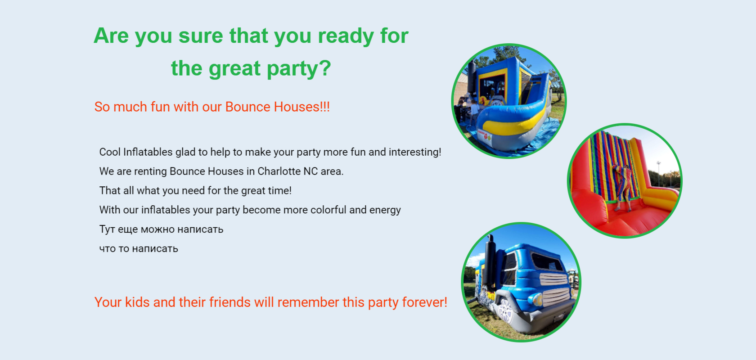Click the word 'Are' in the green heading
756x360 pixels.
(111, 36)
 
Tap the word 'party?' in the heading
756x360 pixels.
(299, 68)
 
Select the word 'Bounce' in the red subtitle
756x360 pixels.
(247, 107)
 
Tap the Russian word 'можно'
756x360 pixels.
(157, 229)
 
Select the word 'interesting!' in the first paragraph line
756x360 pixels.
(415, 152)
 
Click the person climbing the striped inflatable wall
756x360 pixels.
(622, 185)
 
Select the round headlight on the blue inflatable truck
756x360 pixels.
(535, 299)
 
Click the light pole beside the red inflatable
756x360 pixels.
(658, 174)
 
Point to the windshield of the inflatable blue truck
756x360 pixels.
(547, 261)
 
